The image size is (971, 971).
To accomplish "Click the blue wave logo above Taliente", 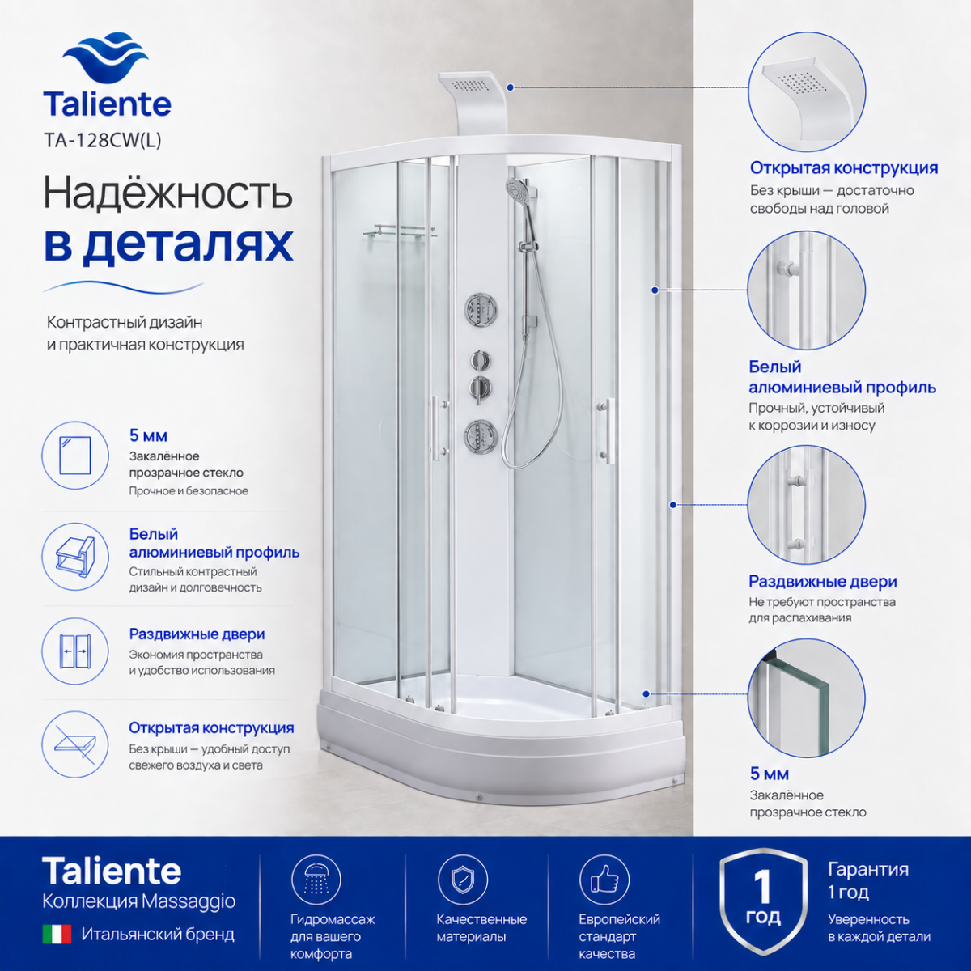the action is tap(106, 58).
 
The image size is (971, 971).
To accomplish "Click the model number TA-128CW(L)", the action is tap(103, 141).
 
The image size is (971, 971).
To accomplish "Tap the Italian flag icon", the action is tap(57, 935).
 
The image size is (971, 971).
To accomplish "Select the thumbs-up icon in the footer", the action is tap(604, 880).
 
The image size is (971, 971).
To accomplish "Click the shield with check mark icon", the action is tap(463, 880).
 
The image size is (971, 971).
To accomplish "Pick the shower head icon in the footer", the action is tap(316, 880).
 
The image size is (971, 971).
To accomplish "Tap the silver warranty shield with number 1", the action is tap(763, 901).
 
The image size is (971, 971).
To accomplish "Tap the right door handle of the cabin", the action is tap(607, 430).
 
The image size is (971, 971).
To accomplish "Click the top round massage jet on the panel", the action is tap(480, 307).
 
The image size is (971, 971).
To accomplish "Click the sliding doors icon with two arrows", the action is tap(75, 651).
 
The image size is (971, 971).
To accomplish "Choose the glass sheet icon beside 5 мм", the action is tap(75, 456).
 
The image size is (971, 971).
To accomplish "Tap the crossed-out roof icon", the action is tap(75, 744).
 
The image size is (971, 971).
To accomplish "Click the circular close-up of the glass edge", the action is tap(806, 698).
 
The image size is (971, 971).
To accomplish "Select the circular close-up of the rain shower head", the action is tap(806, 92).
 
